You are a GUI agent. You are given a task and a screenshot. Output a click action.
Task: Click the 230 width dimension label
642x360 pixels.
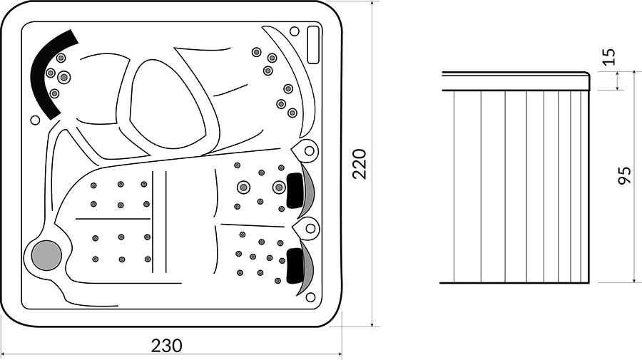coord(167,346)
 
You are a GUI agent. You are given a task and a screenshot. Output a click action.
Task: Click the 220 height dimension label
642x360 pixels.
coord(360,164)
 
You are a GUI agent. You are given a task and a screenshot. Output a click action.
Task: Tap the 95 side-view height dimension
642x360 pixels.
coord(624,176)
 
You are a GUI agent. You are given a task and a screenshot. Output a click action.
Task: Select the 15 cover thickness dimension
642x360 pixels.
coord(609,57)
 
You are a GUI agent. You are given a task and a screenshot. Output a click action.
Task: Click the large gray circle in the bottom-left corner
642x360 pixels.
coord(46,255)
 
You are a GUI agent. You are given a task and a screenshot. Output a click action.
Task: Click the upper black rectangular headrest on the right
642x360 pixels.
coord(295,190)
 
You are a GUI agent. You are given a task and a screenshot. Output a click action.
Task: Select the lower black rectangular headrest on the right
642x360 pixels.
coord(295,265)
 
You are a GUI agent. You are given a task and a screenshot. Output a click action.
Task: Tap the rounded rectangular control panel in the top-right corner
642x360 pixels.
coord(313,45)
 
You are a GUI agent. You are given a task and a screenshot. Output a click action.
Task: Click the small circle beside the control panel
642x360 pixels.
coord(295,31)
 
